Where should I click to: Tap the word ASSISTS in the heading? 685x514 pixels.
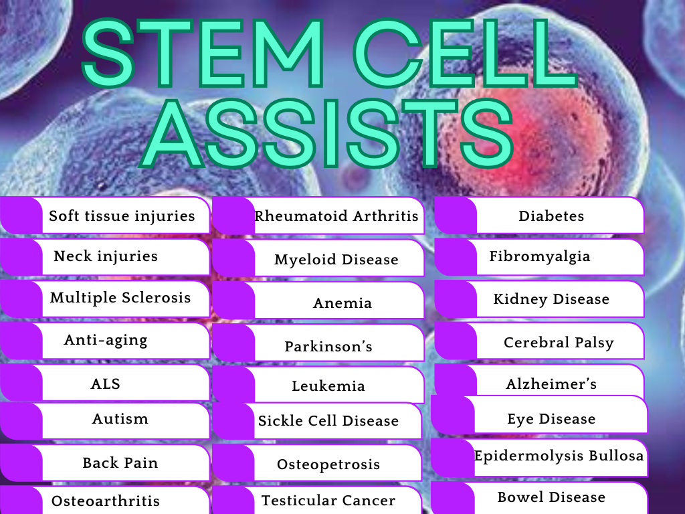click(326, 133)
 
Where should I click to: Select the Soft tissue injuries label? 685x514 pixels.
click(122, 216)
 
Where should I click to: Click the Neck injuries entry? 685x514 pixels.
click(106, 256)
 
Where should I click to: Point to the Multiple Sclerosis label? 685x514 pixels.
click(120, 297)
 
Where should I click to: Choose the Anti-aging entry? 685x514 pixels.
click(106, 340)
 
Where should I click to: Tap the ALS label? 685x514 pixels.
click(105, 383)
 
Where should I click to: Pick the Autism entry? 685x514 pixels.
click(120, 419)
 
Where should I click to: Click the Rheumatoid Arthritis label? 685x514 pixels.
click(336, 216)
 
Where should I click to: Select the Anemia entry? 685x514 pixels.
click(342, 303)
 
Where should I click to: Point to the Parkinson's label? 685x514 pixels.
click(328, 346)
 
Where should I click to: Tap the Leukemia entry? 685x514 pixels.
click(328, 386)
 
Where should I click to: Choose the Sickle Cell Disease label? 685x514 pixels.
click(328, 420)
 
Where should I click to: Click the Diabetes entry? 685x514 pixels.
click(551, 216)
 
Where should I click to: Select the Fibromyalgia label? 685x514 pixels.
click(540, 256)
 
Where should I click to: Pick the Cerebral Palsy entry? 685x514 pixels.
click(559, 342)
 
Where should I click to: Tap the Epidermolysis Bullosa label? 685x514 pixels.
click(559, 456)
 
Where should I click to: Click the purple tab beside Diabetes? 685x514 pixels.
click(456, 215)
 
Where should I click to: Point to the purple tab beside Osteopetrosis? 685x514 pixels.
click(233, 463)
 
